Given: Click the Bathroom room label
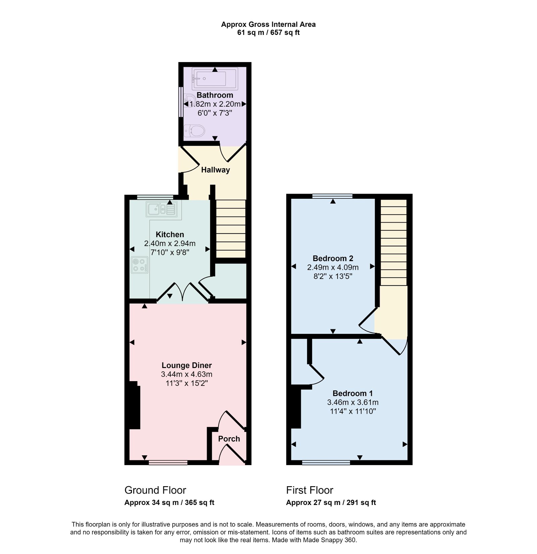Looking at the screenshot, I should [215, 95].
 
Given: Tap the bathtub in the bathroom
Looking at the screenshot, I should [215, 79].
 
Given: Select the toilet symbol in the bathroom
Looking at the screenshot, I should [194, 131].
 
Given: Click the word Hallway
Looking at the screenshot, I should [215, 170].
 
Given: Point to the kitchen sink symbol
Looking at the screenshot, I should [161, 210].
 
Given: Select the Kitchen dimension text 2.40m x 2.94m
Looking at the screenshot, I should [170, 243].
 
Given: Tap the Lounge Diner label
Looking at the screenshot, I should [187, 365].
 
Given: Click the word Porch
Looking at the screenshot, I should [229, 439].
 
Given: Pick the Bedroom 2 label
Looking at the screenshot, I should [333, 259].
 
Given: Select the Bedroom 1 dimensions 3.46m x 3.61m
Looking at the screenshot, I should [353, 402].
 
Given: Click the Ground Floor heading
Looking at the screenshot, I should [155, 490].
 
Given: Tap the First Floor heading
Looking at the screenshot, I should [309, 490].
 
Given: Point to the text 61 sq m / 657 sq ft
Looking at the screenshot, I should [268, 33].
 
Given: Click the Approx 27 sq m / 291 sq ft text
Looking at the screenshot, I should [331, 503].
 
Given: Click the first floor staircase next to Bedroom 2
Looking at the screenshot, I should [393, 242].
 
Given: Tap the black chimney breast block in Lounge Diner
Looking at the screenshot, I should [134, 406].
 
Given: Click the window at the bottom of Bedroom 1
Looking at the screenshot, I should [326, 463].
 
